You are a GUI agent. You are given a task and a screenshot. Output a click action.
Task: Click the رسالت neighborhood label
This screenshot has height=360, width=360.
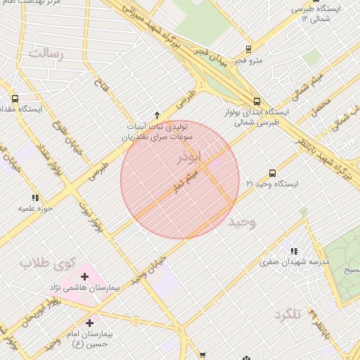pos(46,53)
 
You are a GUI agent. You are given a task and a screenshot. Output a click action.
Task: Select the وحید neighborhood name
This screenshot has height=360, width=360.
pos(243,222)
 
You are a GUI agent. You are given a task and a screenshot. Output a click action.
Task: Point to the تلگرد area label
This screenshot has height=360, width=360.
pos(288,314)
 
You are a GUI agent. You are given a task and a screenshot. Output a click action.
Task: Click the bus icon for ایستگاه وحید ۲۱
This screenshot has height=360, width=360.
pos(273,173)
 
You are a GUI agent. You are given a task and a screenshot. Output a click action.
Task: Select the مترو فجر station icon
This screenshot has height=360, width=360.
pos(248,49)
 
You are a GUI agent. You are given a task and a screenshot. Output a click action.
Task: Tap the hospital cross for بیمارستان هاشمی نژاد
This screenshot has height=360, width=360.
pos(84,276)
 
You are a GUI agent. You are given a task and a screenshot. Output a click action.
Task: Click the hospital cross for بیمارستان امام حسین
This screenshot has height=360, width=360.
pos(89,323)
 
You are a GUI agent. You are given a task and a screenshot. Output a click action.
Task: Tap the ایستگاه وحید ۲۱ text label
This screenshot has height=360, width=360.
pos(272,184)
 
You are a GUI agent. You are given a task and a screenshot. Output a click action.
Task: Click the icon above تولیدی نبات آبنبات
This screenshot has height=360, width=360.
pos(157,115)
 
